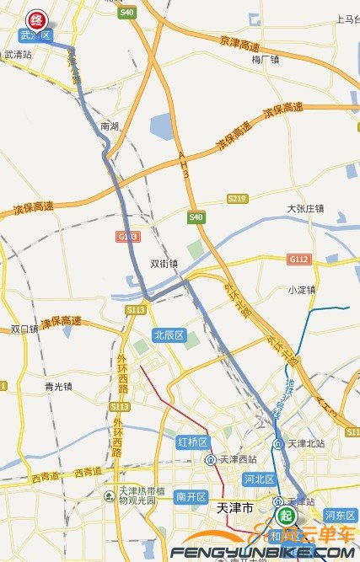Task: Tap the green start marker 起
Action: point(287,515)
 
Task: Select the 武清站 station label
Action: point(18,54)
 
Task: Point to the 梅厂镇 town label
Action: point(266,59)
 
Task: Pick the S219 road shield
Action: point(237,198)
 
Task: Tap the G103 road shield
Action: point(127,237)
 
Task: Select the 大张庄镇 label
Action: point(306,207)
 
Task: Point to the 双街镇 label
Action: point(164,263)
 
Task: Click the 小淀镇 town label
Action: point(300,290)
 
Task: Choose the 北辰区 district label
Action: point(169,335)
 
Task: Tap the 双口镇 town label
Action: point(24,329)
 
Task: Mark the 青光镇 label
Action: point(58,387)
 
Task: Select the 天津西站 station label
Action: point(235,459)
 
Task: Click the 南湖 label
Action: point(110,126)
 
